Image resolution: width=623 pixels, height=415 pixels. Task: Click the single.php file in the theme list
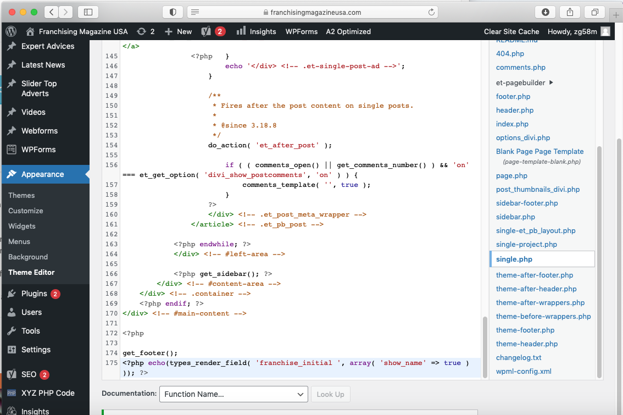click(x=514, y=259)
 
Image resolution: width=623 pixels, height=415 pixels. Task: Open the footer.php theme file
click(x=513, y=97)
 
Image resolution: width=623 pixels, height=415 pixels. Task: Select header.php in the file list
click(x=515, y=110)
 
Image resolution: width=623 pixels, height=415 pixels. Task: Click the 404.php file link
click(x=510, y=54)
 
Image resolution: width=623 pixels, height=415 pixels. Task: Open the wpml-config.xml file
click(x=523, y=371)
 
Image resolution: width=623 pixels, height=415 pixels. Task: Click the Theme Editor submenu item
click(x=31, y=272)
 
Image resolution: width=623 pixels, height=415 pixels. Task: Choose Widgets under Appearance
click(x=22, y=226)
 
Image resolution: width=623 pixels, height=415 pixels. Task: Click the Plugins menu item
click(x=34, y=294)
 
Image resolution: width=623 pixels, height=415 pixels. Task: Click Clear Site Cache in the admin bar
click(x=511, y=31)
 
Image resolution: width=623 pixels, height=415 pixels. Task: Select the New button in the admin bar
click(x=179, y=31)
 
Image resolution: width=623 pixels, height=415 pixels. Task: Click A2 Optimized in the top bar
click(x=348, y=31)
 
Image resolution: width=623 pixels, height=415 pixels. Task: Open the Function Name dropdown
click(x=233, y=394)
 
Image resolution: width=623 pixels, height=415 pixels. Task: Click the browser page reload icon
click(x=431, y=12)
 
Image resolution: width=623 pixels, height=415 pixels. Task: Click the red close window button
click(x=12, y=12)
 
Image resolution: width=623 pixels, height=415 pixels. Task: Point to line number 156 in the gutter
click(x=111, y=165)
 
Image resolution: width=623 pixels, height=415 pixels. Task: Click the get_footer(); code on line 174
click(x=150, y=353)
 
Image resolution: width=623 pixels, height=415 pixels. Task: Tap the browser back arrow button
click(x=51, y=12)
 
